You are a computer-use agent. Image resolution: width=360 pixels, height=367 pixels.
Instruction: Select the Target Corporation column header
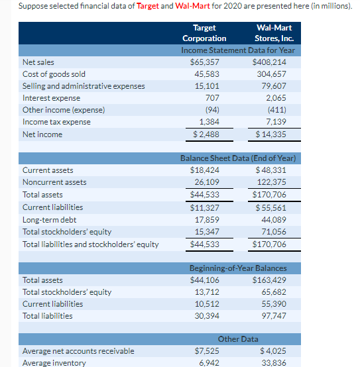204,33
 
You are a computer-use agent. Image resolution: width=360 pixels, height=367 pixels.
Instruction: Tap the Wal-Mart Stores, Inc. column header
273,33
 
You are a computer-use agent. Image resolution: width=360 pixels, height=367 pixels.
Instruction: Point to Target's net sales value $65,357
204,62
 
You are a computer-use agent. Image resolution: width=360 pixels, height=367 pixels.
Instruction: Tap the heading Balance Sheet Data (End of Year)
238,158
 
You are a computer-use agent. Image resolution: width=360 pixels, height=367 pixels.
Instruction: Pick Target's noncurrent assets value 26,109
207,182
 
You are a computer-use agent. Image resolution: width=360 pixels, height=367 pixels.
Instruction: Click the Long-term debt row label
49,219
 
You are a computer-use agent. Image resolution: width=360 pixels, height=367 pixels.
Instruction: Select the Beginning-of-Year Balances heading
238,268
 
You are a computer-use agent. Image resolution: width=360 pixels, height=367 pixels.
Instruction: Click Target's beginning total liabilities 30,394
207,316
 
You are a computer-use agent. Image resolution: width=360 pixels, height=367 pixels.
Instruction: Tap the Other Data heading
238,339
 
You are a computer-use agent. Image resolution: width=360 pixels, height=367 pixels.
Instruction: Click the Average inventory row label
54,362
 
